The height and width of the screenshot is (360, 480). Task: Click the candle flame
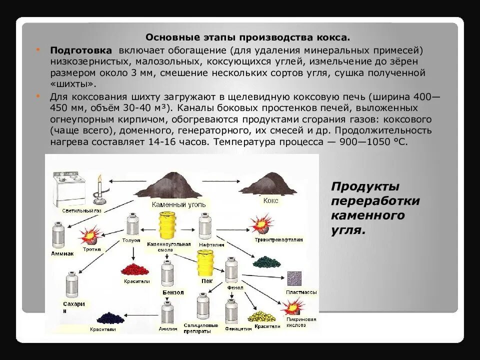99,180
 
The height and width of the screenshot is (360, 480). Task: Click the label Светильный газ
81,211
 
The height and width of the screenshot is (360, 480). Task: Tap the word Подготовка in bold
80,50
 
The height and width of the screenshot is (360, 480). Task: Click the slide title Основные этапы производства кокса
247,37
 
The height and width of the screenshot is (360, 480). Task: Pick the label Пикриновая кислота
300,322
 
